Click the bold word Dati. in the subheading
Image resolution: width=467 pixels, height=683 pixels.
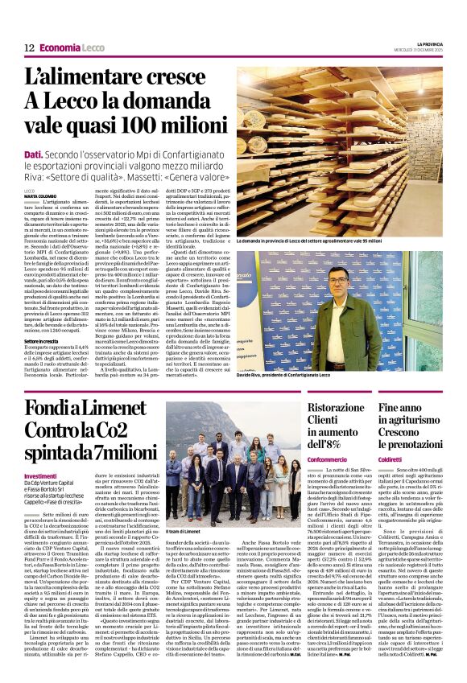click(x=34, y=154)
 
